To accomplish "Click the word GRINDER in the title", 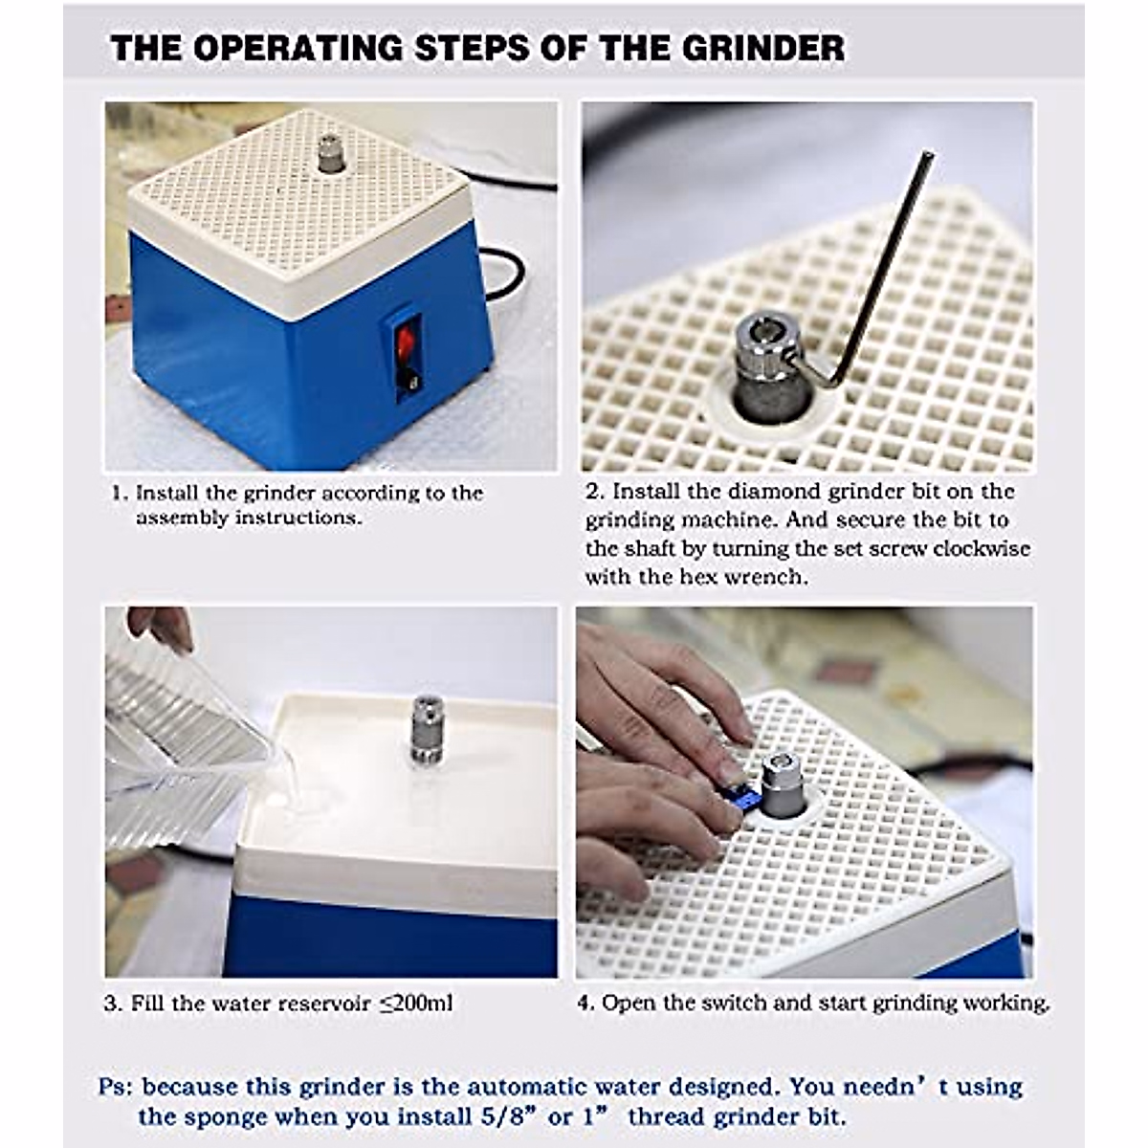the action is (763, 48).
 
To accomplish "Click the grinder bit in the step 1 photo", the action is (326, 153).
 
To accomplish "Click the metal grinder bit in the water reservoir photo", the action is (426, 729).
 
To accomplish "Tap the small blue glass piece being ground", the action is (743, 798).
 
